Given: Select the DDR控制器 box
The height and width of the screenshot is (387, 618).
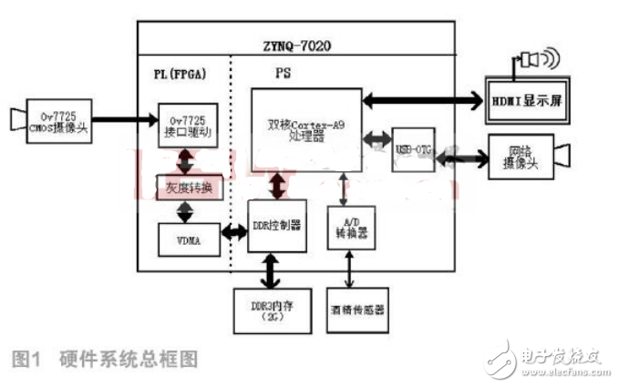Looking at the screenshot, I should [274, 225].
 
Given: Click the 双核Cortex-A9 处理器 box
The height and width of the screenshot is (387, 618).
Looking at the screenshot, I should [307, 129].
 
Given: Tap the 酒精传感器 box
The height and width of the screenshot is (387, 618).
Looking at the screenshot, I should [357, 309].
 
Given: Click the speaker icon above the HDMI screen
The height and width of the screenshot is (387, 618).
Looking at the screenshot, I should [532, 60].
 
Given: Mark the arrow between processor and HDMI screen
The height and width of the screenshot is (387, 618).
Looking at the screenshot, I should [419, 96].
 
